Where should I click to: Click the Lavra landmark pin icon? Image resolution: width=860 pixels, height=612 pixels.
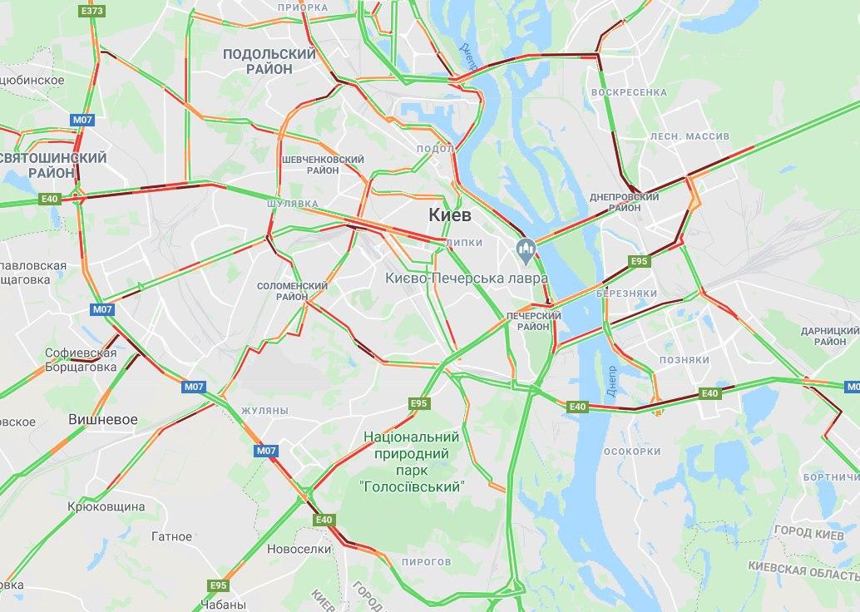[525, 248]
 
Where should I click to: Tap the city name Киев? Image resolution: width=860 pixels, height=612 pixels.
[450, 215]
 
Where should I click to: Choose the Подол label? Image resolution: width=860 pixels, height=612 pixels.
[435, 149]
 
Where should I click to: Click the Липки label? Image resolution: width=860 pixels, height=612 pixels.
[464, 243]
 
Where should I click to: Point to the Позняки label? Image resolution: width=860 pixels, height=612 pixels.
[684, 360]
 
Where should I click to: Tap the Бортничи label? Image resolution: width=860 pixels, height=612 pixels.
[831, 477]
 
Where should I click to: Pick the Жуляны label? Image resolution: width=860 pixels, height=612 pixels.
[264, 411]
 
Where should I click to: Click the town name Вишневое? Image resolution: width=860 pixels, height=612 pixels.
[102, 419]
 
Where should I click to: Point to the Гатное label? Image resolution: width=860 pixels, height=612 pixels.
[172, 537]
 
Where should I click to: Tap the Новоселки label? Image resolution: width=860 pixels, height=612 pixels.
[299, 550]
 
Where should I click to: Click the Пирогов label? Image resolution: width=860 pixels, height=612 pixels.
[425, 562]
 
